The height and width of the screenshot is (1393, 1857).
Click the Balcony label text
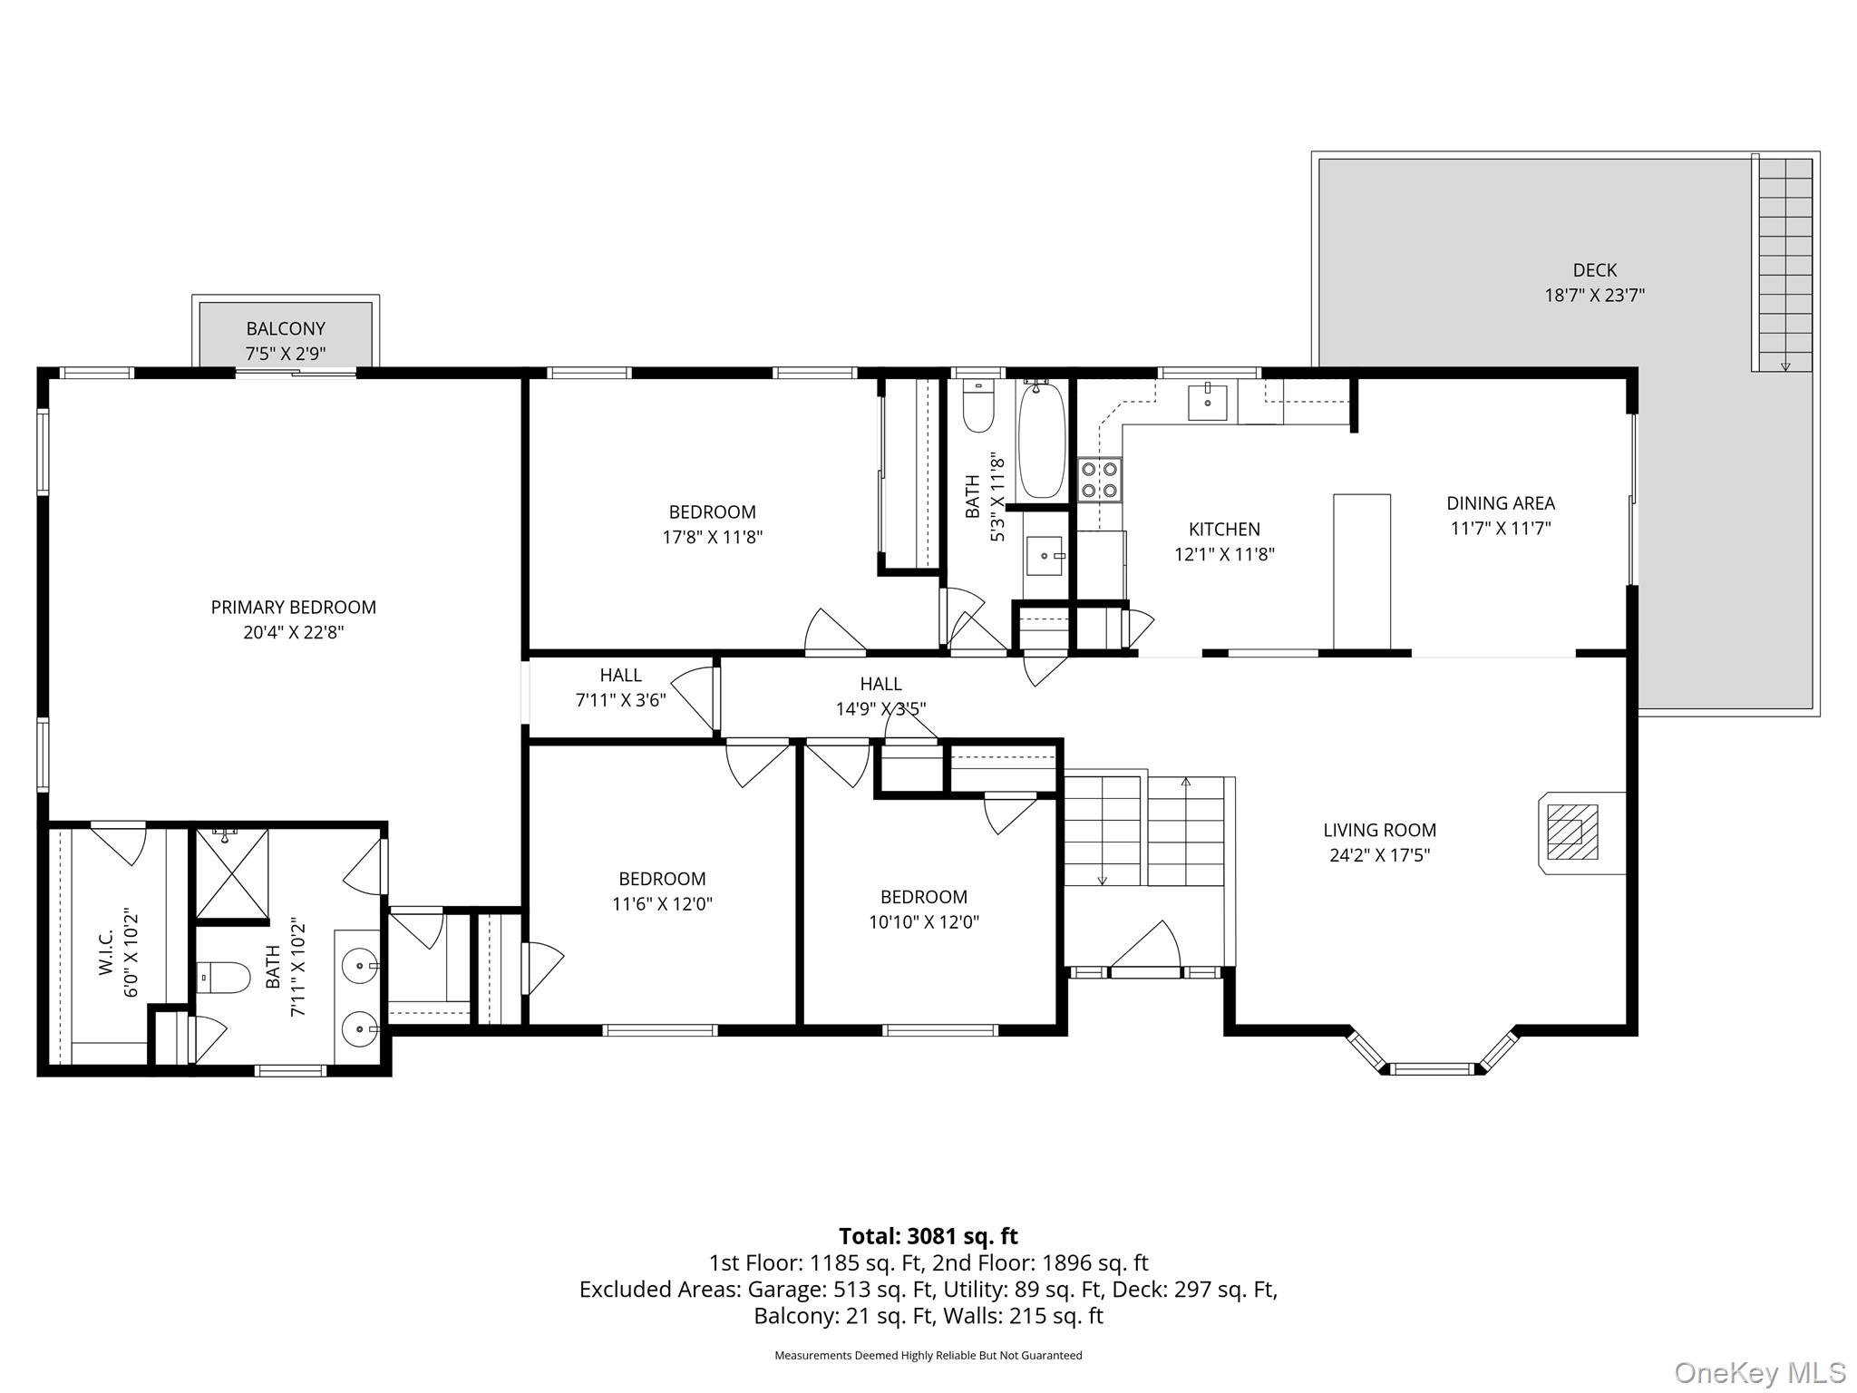click(286, 328)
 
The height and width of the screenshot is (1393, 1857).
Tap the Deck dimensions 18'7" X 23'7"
click(1594, 295)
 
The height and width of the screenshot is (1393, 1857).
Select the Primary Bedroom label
click(293, 607)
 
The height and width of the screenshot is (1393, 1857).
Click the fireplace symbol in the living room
click(1571, 833)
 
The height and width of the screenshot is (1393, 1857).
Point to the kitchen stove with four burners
click(1099, 480)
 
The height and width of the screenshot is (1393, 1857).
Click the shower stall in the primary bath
click(232, 873)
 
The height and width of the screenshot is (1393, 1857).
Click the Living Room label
click(1379, 830)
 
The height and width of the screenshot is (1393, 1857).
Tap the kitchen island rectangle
click(1361, 571)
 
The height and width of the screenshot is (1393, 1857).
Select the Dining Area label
click(1500, 502)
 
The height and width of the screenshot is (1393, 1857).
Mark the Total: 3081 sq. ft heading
click(928, 1236)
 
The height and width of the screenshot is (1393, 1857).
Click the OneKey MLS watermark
click(1759, 1372)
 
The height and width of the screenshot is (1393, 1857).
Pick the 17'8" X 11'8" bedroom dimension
click(712, 537)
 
